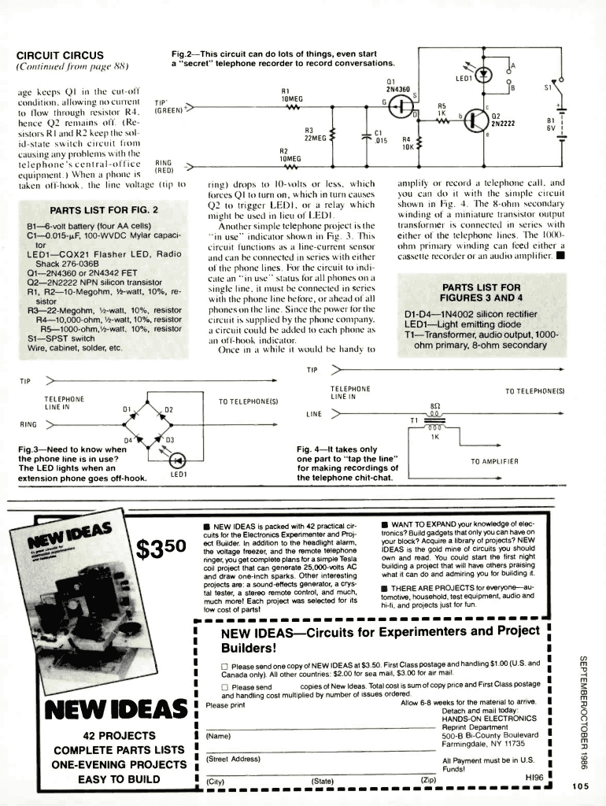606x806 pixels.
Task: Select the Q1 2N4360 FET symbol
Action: click(401, 103)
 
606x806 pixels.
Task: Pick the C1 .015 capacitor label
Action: click(379, 137)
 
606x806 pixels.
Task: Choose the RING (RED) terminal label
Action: click(163, 165)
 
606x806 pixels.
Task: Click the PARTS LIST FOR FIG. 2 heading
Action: click(104, 210)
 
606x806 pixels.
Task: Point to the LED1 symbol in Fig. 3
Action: click(177, 460)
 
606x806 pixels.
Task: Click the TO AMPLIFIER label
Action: click(494, 461)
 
